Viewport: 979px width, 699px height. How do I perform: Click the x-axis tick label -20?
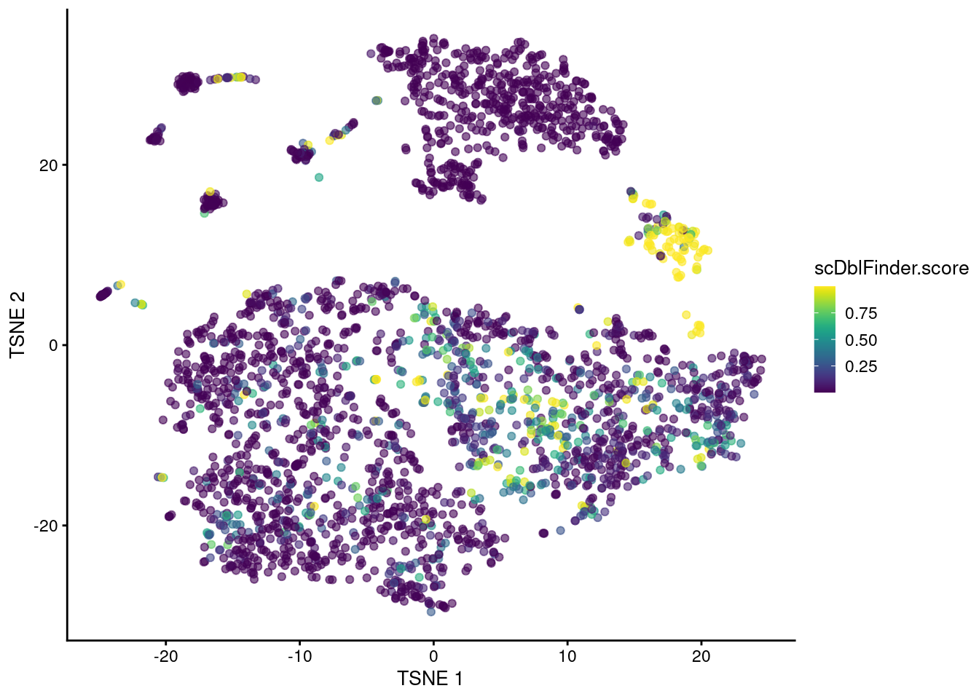(165, 656)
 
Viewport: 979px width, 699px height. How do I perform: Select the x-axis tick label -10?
(299, 656)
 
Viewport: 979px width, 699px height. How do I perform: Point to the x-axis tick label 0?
(433, 656)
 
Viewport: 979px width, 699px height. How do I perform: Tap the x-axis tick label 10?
(567, 656)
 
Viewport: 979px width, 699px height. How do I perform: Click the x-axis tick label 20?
(701, 656)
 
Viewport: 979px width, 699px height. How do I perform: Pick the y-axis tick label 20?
(48, 165)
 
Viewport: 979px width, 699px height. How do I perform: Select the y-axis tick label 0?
(53, 345)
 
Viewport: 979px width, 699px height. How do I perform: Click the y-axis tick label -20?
(45, 526)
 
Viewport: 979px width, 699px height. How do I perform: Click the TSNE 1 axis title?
(430, 679)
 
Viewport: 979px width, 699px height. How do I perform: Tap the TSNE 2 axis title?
(17, 325)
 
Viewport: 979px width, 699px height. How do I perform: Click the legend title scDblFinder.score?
(892, 269)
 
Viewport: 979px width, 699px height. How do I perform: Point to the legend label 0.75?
(861, 313)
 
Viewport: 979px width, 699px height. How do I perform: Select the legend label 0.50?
(861, 340)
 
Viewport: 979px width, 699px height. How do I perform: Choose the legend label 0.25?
(861, 366)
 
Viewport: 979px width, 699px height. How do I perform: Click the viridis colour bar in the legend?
(825, 339)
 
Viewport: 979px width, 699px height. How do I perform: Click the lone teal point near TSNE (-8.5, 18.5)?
(318, 178)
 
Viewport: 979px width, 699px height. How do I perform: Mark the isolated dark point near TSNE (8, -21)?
(543, 533)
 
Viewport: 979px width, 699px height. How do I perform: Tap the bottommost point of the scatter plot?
(431, 612)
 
